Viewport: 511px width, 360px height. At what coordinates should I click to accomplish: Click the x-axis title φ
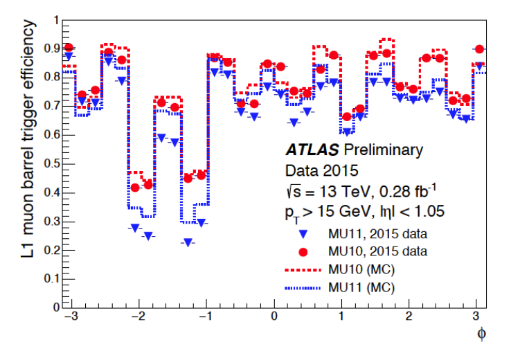click(x=482, y=334)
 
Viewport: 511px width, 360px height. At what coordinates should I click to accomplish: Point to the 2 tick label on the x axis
click(x=409, y=316)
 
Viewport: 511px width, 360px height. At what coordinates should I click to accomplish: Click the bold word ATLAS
click(x=313, y=150)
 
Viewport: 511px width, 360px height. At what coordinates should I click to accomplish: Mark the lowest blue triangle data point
click(x=187, y=242)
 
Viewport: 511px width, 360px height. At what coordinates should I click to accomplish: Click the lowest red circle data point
click(x=136, y=188)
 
